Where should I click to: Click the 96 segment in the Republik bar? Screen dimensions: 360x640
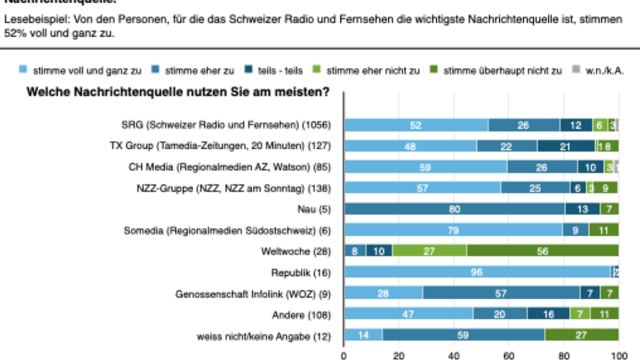pos(477,272)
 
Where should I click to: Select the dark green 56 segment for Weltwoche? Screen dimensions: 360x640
pos(542,251)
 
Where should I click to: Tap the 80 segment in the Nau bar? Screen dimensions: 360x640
pos(454,209)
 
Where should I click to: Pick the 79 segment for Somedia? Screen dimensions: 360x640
pos(453,230)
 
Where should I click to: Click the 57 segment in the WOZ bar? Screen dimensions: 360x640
pos(501,293)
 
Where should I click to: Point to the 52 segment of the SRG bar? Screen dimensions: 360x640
pos(415,125)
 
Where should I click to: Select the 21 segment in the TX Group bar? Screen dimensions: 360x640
pos(565,146)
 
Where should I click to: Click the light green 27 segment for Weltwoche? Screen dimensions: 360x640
pos(429,251)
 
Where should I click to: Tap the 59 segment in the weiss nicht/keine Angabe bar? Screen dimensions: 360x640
pos(463,335)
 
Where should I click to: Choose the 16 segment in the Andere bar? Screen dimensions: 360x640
pos(548,314)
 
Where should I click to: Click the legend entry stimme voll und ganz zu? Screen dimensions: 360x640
pos(80,70)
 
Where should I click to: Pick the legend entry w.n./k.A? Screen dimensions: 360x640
pos(605,70)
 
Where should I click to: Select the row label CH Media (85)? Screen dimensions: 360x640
pos(229,167)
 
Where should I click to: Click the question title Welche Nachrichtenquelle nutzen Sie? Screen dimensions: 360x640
pos(178,92)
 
